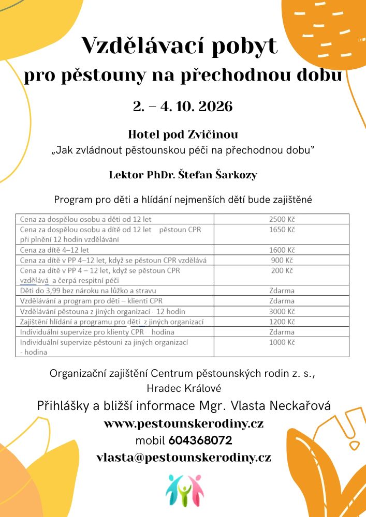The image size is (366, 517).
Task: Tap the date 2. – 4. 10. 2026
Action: [183, 107]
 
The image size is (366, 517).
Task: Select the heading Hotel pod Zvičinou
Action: [183, 134]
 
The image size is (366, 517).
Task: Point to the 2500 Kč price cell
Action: [282, 219]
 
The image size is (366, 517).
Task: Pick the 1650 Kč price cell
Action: [282, 229]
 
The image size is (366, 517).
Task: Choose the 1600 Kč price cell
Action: [282, 250]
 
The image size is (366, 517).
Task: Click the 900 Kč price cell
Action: [282, 260]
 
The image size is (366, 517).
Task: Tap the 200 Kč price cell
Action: [282, 270]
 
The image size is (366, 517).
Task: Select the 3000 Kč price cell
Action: [282, 311]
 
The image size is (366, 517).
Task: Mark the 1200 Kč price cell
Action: [282, 322]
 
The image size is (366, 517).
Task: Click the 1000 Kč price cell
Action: [282, 342]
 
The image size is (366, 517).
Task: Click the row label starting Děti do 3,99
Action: [88, 291]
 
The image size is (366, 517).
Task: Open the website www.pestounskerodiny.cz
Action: [183, 424]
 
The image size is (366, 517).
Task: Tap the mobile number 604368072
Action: [200, 441]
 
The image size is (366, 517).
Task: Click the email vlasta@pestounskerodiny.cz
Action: [183, 458]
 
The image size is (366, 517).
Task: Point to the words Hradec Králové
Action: [183, 387]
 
